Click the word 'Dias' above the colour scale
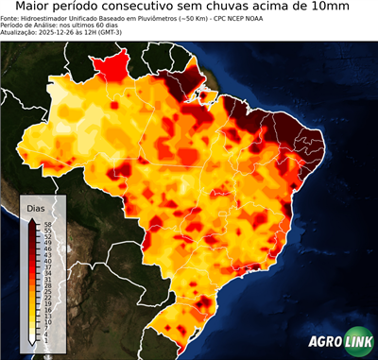coord(36,207)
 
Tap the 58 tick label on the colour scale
coord(46,224)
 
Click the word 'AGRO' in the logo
coord(325,344)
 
